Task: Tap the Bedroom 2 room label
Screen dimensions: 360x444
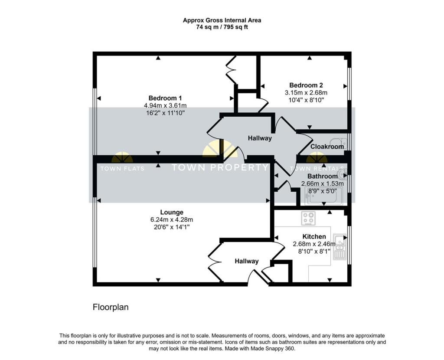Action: pos(306,85)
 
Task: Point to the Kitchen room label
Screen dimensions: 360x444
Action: pos(314,236)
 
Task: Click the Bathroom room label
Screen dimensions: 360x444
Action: pos(322,176)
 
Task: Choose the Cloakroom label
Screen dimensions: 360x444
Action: pos(327,147)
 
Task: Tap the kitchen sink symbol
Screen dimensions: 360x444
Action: pos(340,251)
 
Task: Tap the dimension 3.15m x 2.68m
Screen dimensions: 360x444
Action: pos(306,93)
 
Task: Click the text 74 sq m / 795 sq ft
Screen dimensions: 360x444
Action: pos(222,27)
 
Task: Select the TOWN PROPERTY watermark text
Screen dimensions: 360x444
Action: pos(220,167)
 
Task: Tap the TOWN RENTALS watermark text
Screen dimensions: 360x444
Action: pos(318,169)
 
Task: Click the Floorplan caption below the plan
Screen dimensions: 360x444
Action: pos(111,307)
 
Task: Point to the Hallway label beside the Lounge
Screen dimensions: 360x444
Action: pos(247,261)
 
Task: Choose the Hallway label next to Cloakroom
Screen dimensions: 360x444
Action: pos(260,138)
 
